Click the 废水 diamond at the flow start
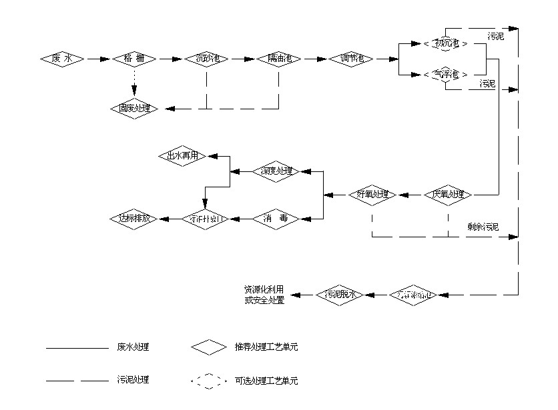click(63, 59)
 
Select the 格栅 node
click(134, 59)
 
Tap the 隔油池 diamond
click(279, 59)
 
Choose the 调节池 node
click(352, 59)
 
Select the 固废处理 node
click(134, 108)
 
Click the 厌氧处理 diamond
click(449, 195)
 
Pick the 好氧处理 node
click(372, 195)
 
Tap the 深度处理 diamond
click(277, 171)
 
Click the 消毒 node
click(277, 218)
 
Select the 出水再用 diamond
click(183, 156)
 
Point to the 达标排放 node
click(134, 218)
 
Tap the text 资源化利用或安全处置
click(264, 295)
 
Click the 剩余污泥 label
click(483, 227)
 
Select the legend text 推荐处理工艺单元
click(266, 347)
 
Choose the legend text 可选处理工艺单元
click(266, 381)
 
